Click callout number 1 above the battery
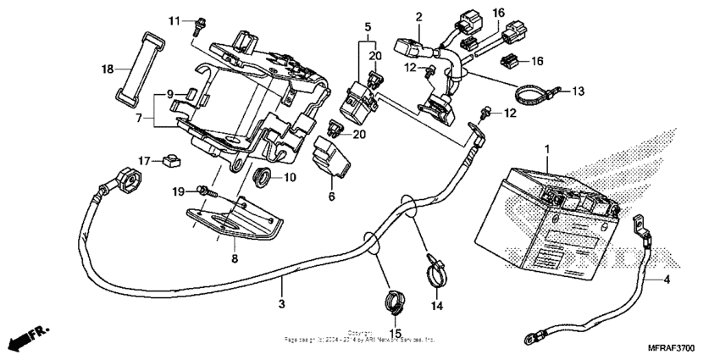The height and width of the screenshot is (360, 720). (546, 149)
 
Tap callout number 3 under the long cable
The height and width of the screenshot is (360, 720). (280, 302)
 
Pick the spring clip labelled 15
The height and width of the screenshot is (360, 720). (393, 299)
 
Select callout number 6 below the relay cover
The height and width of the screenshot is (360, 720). (331, 197)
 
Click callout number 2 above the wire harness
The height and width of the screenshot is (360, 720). (418, 16)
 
